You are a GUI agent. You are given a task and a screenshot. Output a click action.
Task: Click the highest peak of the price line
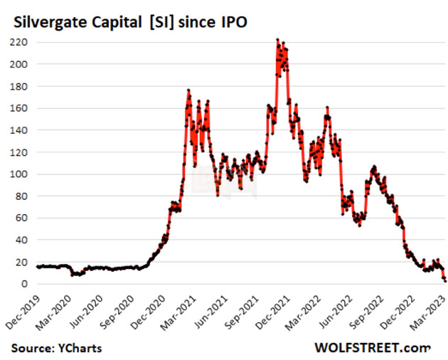[277, 40]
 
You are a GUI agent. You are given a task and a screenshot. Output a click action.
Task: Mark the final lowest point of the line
[445, 280]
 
